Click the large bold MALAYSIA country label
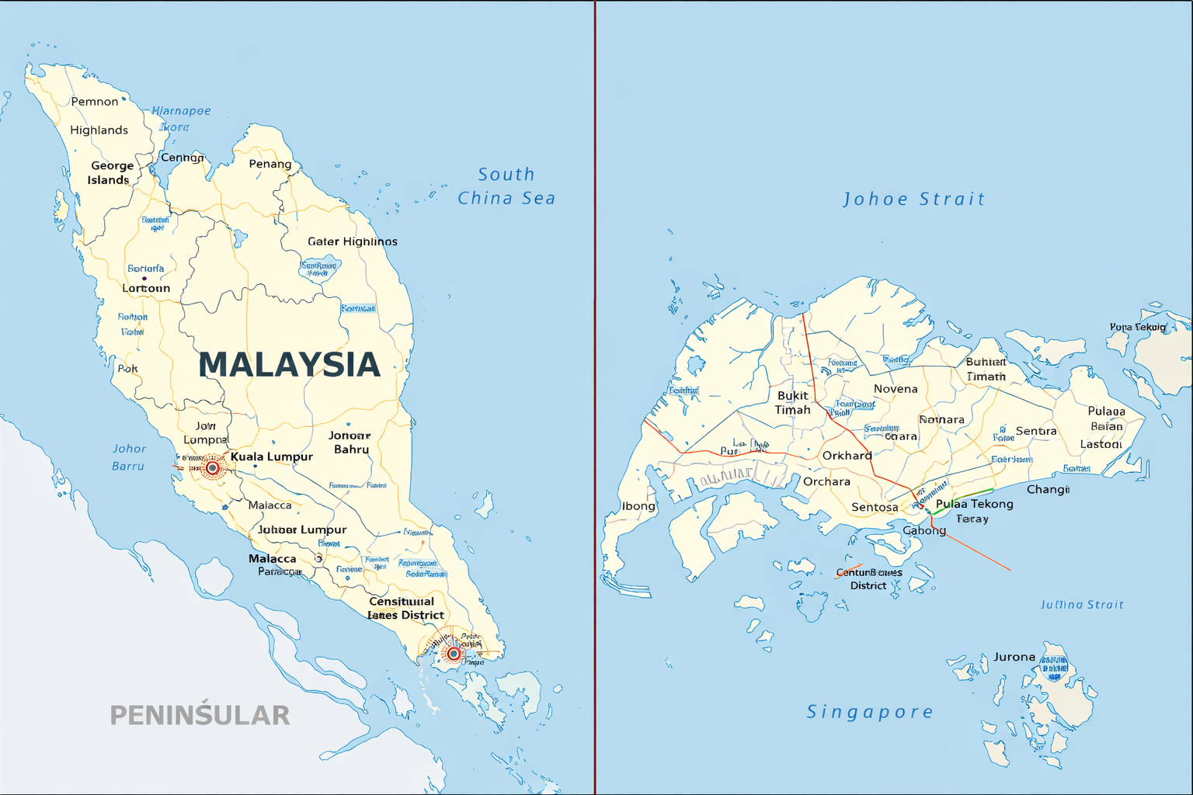[x=289, y=365]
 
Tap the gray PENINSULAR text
[x=200, y=714]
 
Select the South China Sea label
[x=506, y=186]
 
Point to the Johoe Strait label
[x=914, y=200]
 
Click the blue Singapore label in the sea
[x=870, y=712]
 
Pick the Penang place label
[x=270, y=164]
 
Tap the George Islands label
[x=110, y=173]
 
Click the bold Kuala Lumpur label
[x=271, y=457]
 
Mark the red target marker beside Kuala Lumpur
[x=212, y=468]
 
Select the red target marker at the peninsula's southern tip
[x=454, y=654]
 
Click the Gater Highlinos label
[x=353, y=241]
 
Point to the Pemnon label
[x=95, y=102]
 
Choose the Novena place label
[x=896, y=389]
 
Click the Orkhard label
[x=847, y=456]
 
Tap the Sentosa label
[x=875, y=508]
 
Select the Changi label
[x=1048, y=489]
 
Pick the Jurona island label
[x=1014, y=657]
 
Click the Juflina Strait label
[x=1082, y=605]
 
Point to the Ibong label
[x=638, y=506]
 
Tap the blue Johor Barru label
[x=129, y=457]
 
